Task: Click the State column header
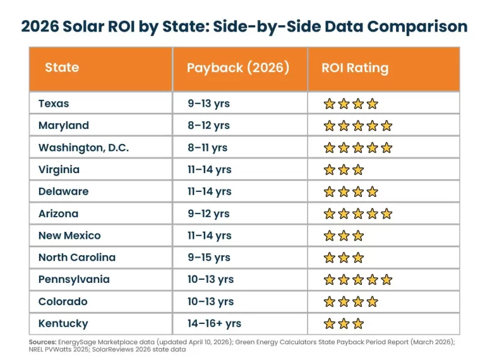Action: [x=62, y=68]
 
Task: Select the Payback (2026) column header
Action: [x=237, y=68]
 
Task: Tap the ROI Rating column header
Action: [x=355, y=68]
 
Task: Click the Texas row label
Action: [x=54, y=104]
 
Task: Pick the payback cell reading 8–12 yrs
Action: [x=208, y=126]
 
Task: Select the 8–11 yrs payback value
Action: [x=207, y=148]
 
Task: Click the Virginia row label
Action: [x=59, y=169]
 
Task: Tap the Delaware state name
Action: [x=63, y=191]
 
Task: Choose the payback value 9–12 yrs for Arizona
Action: [x=208, y=213]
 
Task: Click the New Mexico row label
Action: [x=69, y=236]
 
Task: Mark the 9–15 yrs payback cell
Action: [x=208, y=258]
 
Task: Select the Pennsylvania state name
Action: [x=74, y=279]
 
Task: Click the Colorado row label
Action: [x=63, y=301]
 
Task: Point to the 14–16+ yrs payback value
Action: [x=214, y=323]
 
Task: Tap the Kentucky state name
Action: [x=63, y=323]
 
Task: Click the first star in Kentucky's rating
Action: [x=329, y=324]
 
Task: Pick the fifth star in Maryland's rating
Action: [x=386, y=126]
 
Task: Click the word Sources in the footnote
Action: [x=46, y=341]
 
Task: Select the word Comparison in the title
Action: [x=417, y=27]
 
